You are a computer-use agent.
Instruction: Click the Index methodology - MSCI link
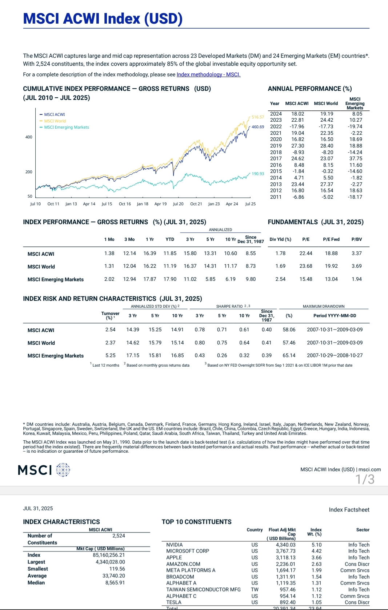(x=208, y=74)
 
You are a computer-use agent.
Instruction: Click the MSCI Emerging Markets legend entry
(x=66, y=127)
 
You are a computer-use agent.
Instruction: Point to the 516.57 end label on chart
(x=258, y=117)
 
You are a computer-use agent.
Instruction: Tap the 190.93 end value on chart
(x=258, y=174)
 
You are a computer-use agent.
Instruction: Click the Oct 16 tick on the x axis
(x=125, y=204)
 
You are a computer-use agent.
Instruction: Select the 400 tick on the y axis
(x=29, y=137)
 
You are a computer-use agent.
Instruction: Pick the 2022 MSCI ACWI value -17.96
(x=297, y=126)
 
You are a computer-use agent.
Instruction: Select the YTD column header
(x=170, y=239)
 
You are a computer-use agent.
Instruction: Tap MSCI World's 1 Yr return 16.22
(x=149, y=266)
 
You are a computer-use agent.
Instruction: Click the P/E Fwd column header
(x=331, y=239)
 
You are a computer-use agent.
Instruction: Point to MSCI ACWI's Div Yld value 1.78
(x=280, y=253)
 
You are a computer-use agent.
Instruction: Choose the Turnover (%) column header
(x=110, y=315)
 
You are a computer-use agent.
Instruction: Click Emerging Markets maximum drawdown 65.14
(x=289, y=355)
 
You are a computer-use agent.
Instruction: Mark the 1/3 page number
(x=365, y=479)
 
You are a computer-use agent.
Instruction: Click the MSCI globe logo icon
(x=63, y=470)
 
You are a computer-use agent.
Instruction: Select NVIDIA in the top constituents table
(x=175, y=545)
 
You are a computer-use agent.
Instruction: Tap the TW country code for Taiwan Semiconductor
(x=255, y=589)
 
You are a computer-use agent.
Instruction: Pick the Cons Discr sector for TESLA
(x=357, y=602)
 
